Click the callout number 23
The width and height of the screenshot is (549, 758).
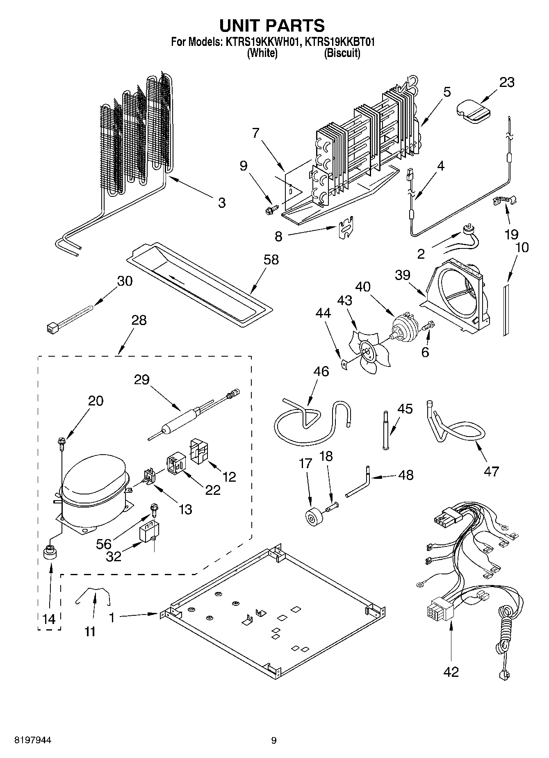[506, 82]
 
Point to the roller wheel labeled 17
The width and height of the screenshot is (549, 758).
[315, 517]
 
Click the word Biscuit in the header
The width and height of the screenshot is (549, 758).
[342, 53]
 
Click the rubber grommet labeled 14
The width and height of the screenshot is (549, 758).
[50, 552]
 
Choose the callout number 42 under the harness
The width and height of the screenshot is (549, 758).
[451, 672]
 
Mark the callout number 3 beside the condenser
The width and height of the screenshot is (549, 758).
[221, 203]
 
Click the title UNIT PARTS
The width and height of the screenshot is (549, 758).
[272, 25]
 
